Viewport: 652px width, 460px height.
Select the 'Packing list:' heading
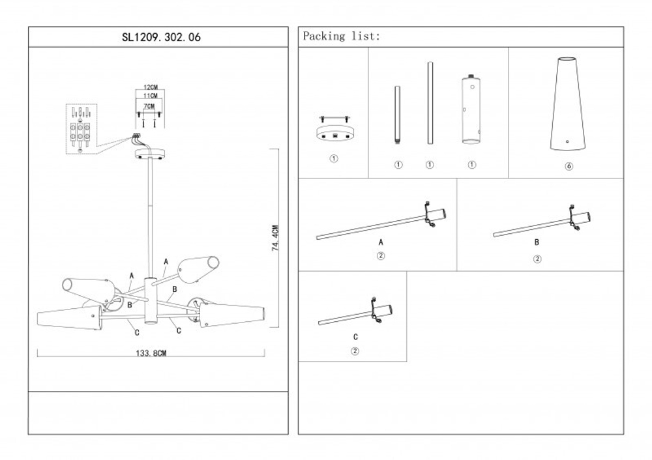tap(340, 36)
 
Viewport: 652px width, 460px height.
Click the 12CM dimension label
tap(151, 87)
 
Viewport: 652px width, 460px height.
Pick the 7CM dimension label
tap(149, 106)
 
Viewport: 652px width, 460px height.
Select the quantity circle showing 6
tap(569, 167)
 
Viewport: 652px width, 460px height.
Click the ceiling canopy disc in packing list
tap(334, 132)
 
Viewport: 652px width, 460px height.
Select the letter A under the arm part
tap(381, 242)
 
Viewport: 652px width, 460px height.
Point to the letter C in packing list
tap(355, 337)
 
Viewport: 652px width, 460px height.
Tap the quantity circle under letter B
tap(537, 258)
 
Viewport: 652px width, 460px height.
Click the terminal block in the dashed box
tap(80, 131)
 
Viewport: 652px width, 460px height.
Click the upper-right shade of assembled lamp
tap(199, 267)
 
